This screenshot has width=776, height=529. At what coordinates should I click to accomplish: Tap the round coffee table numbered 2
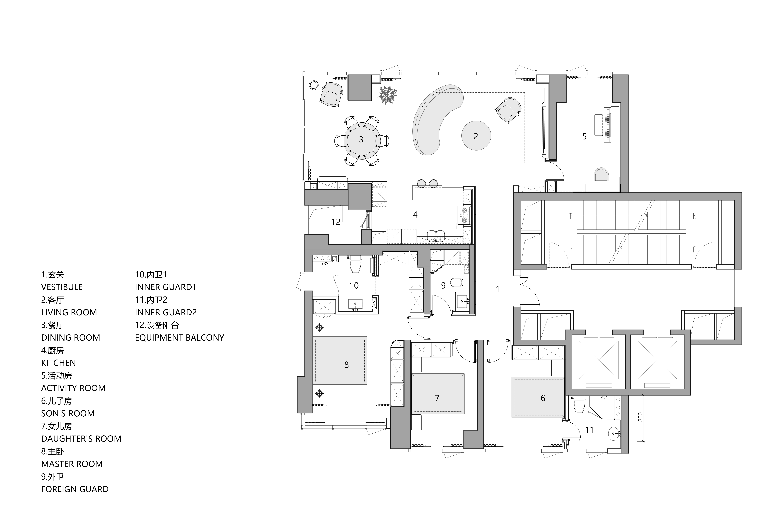click(x=476, y=136)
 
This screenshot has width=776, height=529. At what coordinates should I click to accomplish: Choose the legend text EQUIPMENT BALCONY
click(x=179, y=338)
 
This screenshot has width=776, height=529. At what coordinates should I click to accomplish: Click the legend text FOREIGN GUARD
click(x=75, y=489)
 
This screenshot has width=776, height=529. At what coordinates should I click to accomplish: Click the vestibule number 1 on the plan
click(x=498, y=289)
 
